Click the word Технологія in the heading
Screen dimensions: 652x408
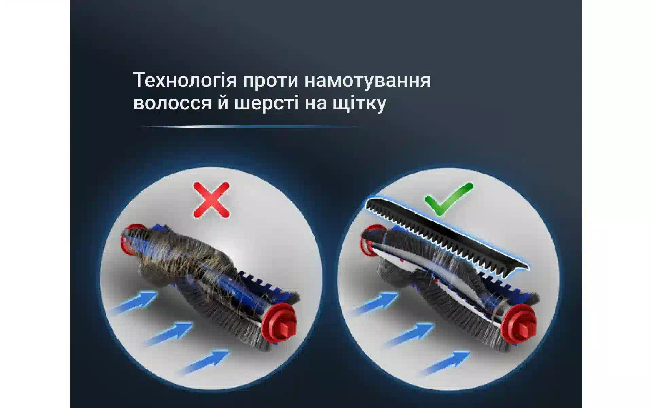[185, 81]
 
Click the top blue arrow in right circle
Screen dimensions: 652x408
[376, 302]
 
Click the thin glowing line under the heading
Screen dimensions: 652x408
[251, 126]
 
